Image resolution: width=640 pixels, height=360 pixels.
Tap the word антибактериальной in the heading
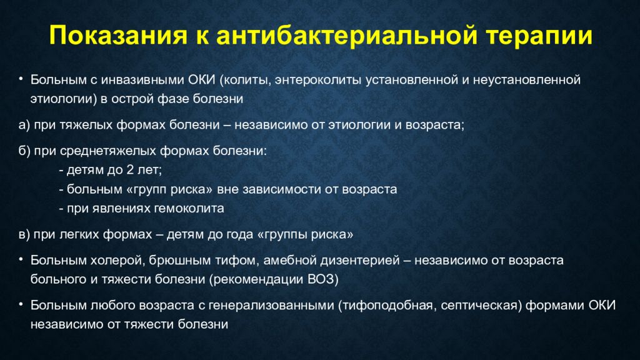(347, 35)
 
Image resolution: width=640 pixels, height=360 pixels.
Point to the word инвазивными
(142, 79)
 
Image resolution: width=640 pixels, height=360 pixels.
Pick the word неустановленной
(527, 79)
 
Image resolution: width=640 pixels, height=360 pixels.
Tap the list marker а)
(24, 125)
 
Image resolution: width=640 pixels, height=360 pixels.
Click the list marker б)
(24, 151)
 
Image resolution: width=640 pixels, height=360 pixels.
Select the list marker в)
(24, 235)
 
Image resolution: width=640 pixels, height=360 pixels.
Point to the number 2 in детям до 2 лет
(130, 170)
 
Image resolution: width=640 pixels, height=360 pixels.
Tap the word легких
(79, 235)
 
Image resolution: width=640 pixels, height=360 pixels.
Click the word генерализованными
(271, 305)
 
